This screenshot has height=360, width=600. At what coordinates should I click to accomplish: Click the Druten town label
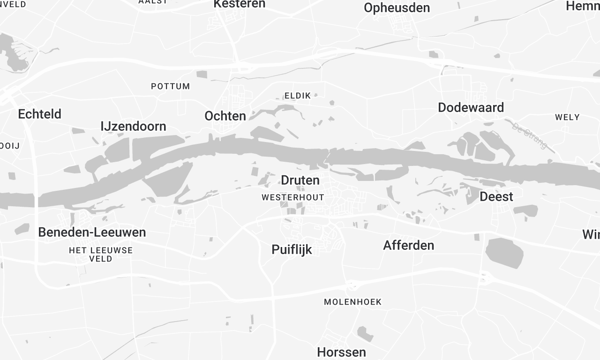300,181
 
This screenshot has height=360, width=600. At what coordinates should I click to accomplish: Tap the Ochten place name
225,116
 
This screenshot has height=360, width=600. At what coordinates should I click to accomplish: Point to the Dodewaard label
471,107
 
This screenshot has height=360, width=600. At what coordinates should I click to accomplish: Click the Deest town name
496,197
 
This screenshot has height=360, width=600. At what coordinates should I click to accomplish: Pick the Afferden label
409,245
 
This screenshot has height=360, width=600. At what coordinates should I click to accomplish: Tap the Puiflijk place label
292,249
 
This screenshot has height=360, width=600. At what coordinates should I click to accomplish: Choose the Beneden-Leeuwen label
92,232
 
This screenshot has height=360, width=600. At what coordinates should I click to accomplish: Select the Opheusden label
397,8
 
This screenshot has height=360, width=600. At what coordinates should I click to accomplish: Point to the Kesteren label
240,5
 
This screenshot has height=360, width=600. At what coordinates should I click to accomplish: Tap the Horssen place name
341,352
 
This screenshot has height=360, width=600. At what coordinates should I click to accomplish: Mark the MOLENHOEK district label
354,301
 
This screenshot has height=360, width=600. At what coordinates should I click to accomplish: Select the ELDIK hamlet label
298,95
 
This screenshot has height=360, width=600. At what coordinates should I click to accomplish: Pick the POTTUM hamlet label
170,86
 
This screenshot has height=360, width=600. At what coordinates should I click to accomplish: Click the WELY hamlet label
567,117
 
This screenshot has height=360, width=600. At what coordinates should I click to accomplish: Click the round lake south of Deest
503,252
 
